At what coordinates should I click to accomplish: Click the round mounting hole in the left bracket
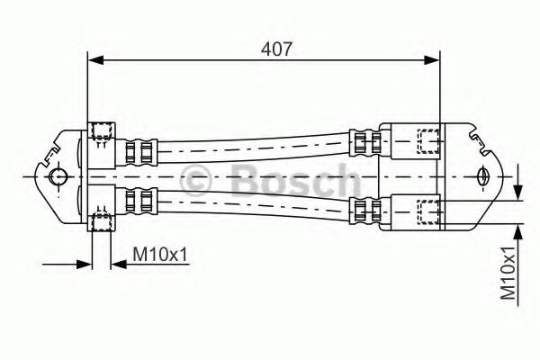tap(58, 175)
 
